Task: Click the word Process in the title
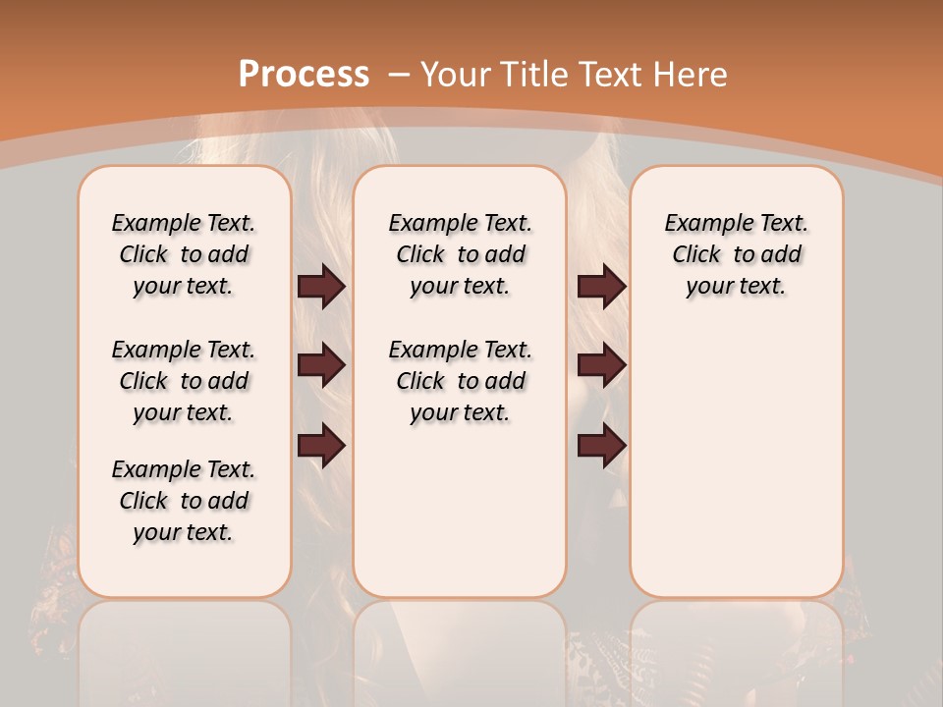point(304,74)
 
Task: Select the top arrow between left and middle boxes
point(321,286)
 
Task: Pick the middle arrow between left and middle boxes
point(321,365)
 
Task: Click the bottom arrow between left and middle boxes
point(321,445)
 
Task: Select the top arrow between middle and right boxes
point(601,286)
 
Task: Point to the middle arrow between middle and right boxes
point(601,365)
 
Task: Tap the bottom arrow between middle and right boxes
point(601,445)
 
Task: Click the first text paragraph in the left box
point(184,254)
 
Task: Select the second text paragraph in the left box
point(184,381)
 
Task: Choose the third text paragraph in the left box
point(184,501)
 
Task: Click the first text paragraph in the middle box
point(461,254)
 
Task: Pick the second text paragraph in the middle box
point(461,381)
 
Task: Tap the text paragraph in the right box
point(737,254)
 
